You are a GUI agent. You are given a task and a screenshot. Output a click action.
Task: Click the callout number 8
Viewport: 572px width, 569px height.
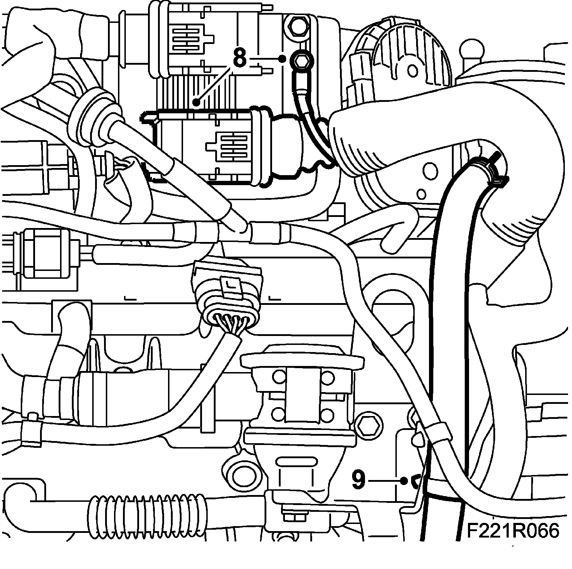pos(240,58)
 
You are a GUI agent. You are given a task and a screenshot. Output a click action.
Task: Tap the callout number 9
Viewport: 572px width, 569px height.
pos(358,480)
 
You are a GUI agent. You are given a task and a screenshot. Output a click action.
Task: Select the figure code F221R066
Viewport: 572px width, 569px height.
pos(512,531)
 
